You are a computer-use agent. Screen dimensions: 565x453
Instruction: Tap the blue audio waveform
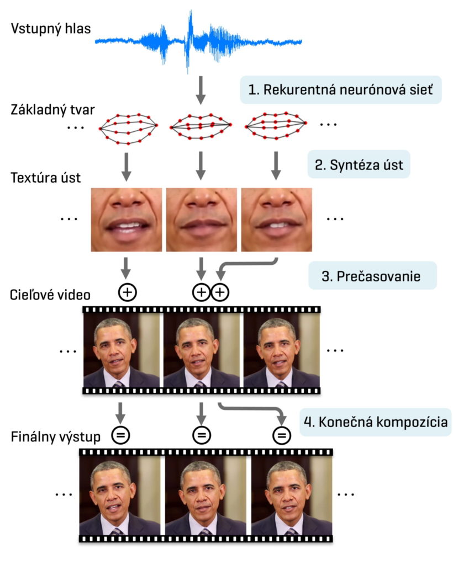(x=198, y=40)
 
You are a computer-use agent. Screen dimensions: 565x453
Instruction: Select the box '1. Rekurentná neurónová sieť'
(x=340, y=90)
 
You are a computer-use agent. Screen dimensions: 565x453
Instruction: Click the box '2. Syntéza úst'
(x=359, y=164)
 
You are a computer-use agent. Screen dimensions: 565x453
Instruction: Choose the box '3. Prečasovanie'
(x=372, y=276)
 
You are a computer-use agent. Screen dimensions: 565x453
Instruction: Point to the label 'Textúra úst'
(x=45, y=178)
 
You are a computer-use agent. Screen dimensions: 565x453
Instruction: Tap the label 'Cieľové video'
(x=50, y=294)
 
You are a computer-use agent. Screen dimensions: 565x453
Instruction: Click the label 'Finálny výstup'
(x=55, y=438)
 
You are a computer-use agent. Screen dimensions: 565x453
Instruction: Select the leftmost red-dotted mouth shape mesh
(x=128, y=128)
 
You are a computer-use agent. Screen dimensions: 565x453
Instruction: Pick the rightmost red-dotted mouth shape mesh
(x=275, y=126)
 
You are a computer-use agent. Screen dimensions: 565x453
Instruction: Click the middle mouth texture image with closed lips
(x=201, y=219)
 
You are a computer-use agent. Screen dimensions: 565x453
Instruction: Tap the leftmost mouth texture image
(x=127, y=219)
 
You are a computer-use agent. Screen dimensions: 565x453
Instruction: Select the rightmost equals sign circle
(x=282, y=436)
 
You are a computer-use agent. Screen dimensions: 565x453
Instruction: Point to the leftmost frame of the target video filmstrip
(x=122, y=351)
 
